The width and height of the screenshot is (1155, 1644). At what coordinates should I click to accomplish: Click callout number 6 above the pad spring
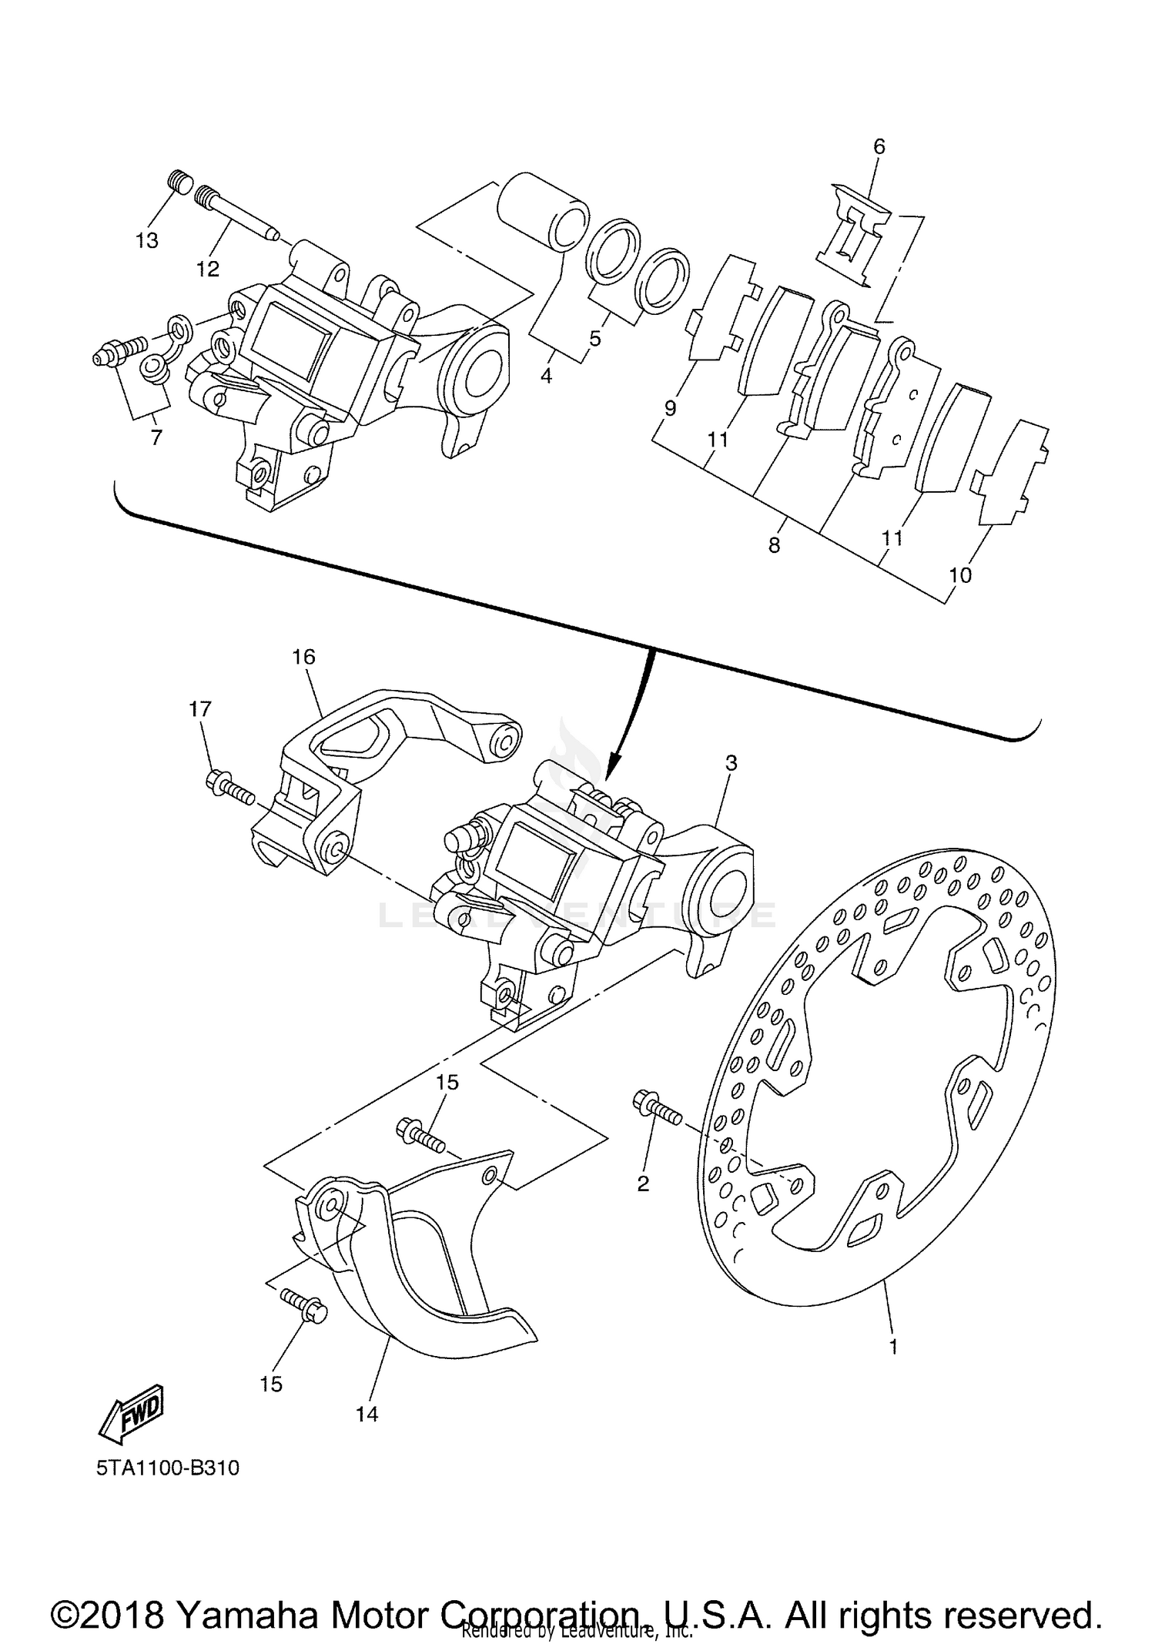[879, 146]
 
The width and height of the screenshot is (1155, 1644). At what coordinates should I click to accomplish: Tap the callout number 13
[146, 240]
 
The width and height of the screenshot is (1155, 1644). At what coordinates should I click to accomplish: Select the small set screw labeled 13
[179, 185]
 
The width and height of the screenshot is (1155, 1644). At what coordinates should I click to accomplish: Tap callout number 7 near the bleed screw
[156, 437]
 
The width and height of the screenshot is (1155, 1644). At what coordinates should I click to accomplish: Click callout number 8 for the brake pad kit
[774, 545]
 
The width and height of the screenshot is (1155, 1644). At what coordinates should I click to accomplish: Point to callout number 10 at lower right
[960, 574]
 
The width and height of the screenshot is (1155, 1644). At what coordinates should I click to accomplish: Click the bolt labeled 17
[229, 789]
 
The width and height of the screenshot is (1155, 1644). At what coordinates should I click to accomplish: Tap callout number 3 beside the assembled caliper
[731, 763]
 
